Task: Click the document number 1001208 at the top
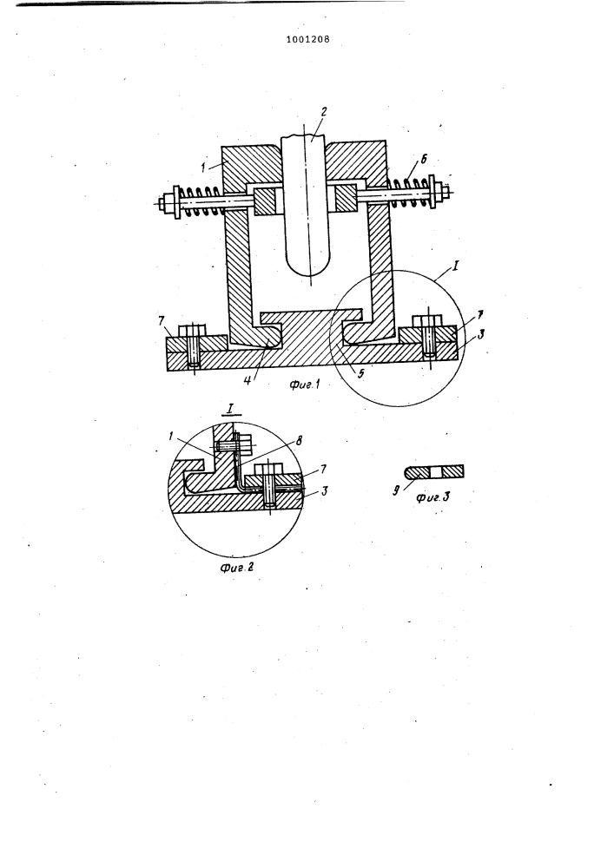click(x=307, y=39)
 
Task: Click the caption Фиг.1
click(x=305, y=385)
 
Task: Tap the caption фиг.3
click(x=432, y=497)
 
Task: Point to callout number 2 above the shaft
click(x=324, y=111)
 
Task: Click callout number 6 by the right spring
click(x=424, y=160)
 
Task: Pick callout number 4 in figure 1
click(x=248, y=380)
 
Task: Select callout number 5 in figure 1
click(x=361, y=374)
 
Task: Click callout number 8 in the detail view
click(x=299, y=441)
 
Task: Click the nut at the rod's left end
click(x=162, y=203)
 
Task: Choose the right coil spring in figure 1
click(x=409, y=191)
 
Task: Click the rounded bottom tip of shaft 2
click(x=311, y=275)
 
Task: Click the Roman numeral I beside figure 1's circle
click(x=455, y=266)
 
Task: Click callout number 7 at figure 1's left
click(x=162, y=320)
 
